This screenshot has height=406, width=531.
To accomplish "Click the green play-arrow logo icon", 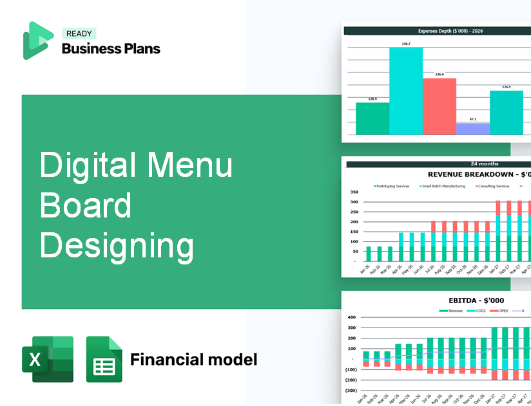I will coord(37,41).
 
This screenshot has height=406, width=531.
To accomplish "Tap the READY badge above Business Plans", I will coord(79,34).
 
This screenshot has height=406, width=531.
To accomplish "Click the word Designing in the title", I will coord(117,246).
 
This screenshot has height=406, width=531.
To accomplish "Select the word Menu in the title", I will coord(190,164).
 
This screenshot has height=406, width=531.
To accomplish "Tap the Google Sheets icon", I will coord(104,359).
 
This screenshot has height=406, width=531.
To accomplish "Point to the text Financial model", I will coord(193,359).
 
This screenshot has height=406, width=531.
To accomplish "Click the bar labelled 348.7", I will coord(406,90).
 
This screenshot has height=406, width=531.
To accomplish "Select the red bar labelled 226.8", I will coord(439,106).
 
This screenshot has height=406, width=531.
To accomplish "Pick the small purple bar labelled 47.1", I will coord(473,129).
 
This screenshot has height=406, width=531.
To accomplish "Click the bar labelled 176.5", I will coord(507,113).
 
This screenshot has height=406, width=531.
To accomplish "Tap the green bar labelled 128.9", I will coord(372,118).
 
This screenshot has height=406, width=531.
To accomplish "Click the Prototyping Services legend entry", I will coord(392,186).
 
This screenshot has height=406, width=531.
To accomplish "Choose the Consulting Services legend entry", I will coord(494,186).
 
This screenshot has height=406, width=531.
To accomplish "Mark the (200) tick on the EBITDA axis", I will coord(351,380).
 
